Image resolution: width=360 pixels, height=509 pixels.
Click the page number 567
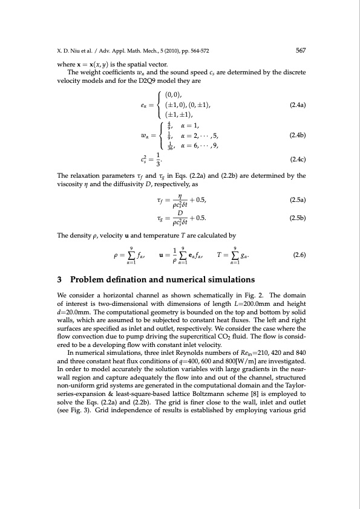coord(300,51)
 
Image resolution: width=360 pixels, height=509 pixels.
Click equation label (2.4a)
coord(298,105)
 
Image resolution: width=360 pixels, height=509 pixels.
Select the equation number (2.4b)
coord(298,135)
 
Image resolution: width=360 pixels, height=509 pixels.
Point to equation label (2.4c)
coord(298,160)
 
